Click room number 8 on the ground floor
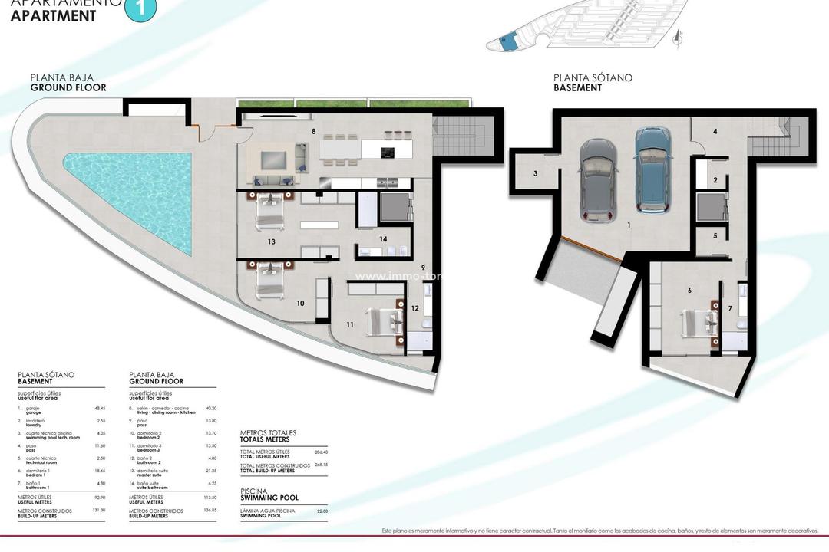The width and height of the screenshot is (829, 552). (313, 132)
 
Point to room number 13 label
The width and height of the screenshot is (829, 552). (271, 242)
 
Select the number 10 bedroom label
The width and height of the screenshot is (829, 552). (300, 303)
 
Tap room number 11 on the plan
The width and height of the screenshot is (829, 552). (350, 324)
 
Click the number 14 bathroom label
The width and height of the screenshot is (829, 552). (383, 238)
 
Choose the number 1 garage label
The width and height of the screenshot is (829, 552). (629, 225)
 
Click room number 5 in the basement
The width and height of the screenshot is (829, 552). (715, 235)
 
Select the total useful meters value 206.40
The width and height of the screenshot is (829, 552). (320, 452)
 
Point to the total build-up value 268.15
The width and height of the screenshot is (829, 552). (320, 465)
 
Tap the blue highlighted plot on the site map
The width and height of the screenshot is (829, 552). (506, 42)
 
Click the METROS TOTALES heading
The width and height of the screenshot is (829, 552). (265, 433)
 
